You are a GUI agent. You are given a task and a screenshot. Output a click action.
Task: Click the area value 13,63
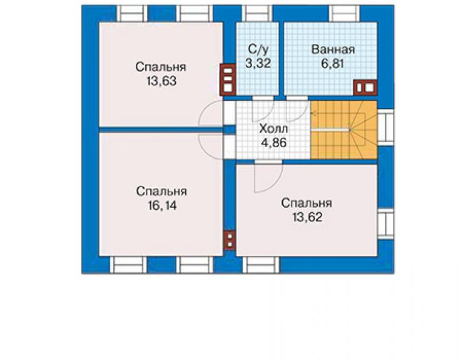[x=161, y=81]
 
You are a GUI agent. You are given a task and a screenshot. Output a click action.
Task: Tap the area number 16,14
[x=162, y=205]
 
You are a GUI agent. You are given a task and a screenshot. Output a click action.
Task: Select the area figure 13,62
[x=307, y=217]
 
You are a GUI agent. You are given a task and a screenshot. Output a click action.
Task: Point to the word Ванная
[x=333, y=49]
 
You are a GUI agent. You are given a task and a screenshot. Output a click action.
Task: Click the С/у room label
[x=258, y=49]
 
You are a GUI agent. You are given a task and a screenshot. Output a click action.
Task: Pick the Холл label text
[x=273, y=129]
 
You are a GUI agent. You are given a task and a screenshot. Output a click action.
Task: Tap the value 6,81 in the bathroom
[x=332, y=63]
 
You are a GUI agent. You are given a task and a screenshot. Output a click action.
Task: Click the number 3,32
[x=258, y=63]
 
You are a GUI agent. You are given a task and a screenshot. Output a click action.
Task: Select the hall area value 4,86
[x=273, y=143]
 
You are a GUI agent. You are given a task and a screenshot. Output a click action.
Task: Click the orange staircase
[x=343, y=130]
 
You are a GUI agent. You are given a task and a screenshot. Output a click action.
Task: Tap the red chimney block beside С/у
[x=228, y=80]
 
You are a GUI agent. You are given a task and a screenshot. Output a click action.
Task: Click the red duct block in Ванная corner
[x=365, y=88]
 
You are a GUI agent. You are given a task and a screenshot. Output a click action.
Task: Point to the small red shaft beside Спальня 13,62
[x=230, y=240]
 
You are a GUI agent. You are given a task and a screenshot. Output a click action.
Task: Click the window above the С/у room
[x=257, y=14]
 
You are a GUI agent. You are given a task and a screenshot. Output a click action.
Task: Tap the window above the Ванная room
[x=344, y=14]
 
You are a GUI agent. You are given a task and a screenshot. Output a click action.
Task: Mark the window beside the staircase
[x=385, y=128]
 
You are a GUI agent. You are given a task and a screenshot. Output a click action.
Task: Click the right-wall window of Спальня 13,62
[x=385, y=224]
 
